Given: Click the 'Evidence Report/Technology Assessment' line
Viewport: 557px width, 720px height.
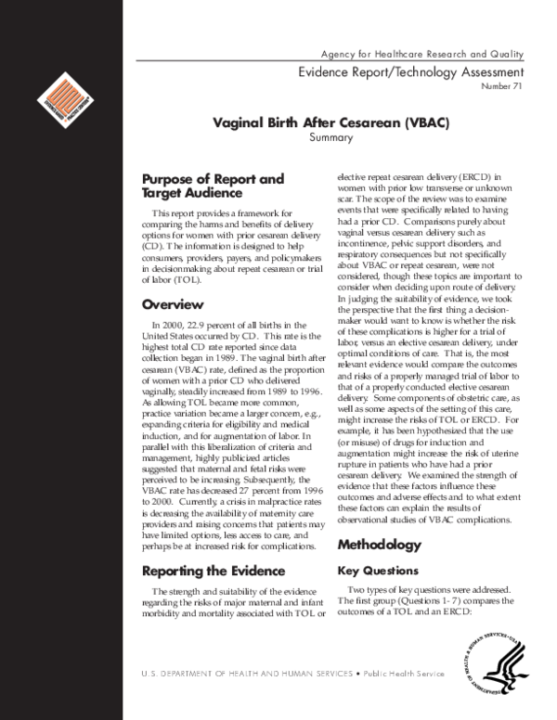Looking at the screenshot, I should (x=410, y=72).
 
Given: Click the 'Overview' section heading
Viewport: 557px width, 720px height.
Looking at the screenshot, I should (x=173, y=304).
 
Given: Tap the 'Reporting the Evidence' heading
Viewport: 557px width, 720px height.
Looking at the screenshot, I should (x=214, y=571).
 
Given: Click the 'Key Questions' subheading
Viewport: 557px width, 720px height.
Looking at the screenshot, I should (x=379, y=571).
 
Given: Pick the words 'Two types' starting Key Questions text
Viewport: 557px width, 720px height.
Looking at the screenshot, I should (x=369, y=590).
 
